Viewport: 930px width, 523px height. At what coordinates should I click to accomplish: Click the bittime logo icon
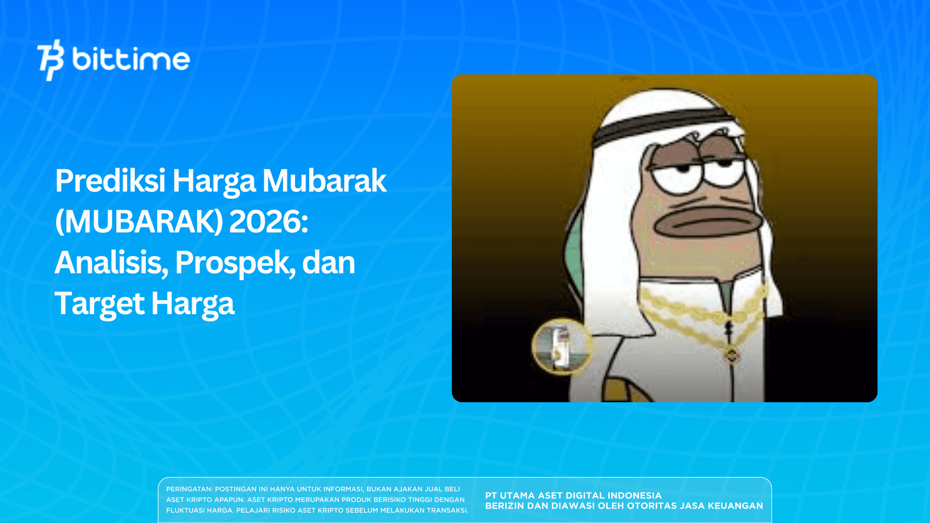(50, 59)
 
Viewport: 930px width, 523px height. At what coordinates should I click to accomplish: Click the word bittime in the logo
(131, 59)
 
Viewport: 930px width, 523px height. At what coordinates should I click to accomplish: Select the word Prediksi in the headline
(110, 181)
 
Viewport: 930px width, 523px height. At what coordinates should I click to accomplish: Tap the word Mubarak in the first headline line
(324, 181)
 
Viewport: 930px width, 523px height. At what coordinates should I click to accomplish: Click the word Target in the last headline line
(99, 304)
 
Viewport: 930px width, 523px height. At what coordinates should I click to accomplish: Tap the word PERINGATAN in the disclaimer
(189, 489)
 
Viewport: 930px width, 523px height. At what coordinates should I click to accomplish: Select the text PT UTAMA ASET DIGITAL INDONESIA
(573, 495)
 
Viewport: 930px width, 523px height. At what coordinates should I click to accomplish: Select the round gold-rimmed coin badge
(562, 346)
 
